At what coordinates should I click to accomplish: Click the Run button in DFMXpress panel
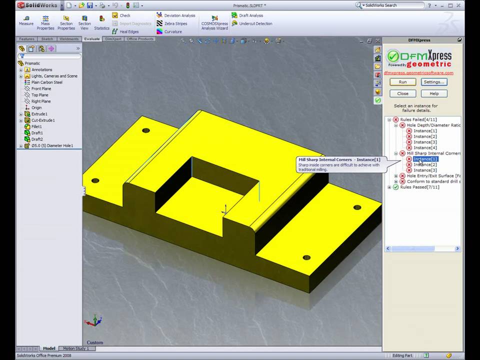(x=402, y=82)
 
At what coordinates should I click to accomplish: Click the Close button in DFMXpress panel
(x=402, y=93)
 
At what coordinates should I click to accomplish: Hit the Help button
(x=433, y=93)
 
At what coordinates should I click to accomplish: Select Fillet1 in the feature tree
(x=36, y=126)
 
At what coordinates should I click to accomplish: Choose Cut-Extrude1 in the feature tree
(x=42, y=120)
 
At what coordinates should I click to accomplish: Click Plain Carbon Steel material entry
(x=46, y=82)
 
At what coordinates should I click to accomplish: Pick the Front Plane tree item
(x=41, y=89)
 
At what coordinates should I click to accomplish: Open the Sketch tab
(x=47, y=39)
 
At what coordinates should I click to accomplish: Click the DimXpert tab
(x=113, y=39)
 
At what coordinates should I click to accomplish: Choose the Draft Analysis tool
(x=250, y=15)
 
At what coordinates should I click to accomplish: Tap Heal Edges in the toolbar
(x=128, y=31)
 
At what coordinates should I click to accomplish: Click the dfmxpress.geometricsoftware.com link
(x=418, y=73)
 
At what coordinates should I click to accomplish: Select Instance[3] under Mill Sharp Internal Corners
(x=425, y=170)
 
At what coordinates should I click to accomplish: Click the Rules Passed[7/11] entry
(x=419, y=187)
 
